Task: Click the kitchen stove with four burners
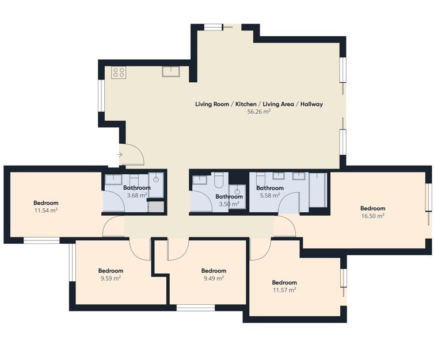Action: pyautogui.click(x=119, y=72)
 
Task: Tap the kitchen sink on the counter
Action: pyautogui.click(x=171, y=71)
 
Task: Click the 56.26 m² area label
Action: pyautogui.click(x=259, y=112)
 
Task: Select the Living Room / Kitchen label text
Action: pyautogui.click(x=226, y=104)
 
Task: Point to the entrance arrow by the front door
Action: pyautogui.click(x=120, y=155)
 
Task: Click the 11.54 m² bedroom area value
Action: pyautogui.click(x=46, y=210)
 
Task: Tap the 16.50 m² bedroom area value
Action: pyautogui.click(x=373, y=216)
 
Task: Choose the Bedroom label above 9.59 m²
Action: pyautogui.click(x=111, y=271)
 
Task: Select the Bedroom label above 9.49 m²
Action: pyautogui.click(x=214, y=271)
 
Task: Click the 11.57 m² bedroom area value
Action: pyautogui.click(x=284, y=290)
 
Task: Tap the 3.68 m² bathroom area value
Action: pyautogui.click(x=137, y=196)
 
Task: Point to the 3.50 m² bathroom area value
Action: pyautogui.click(x=229, y=204)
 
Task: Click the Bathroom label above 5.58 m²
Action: pyautogui.click(x=270, y=188)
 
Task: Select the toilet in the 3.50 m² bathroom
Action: pyautogui.click(x=218, y=180)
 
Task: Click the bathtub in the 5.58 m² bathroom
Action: pyautogui.click(x=318, y=190)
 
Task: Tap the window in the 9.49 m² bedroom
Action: pyautogui.click(x=196, y=308)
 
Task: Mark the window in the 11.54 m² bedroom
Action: pyautogui.click(x=41, y=240)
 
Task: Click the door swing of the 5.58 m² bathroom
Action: pyautogui.click(x=289, y=203)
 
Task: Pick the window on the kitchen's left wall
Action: pyautogui.click(x=101, y=96)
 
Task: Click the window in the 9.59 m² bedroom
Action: pyautogui.click(x=72, y=262)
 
